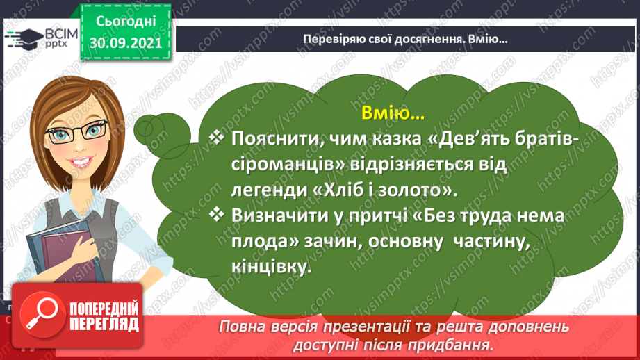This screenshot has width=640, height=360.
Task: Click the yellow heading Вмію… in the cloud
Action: click(393, 113)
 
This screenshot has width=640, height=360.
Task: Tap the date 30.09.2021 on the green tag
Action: click(126, 43)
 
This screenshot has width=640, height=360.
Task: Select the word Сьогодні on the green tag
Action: click(126, 22)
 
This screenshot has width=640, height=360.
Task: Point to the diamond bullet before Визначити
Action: click(216, 214)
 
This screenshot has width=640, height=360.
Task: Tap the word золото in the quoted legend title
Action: click(416, 190)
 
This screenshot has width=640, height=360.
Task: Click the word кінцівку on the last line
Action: click(271, 267)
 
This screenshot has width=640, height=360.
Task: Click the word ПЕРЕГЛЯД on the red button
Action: click(104, 325)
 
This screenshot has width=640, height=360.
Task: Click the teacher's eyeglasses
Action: click(76, 131)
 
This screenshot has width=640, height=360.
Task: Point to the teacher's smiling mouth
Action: click(81, 162)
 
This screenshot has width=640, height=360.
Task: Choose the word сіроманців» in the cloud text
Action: click(288, 165)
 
